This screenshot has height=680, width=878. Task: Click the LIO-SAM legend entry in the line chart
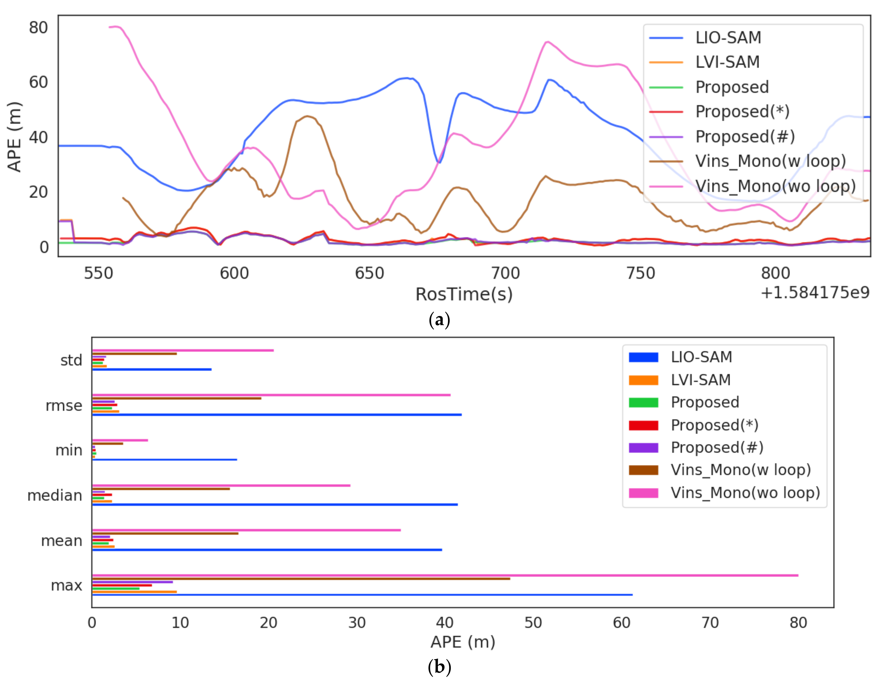(x=728, y=38)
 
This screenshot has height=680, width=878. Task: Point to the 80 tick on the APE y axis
(x=38, y=28)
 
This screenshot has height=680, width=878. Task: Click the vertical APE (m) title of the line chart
(x=15, y=137)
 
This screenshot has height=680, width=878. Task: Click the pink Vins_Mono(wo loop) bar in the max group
(x=442, y=575)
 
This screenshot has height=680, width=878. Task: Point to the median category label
(x=55, y=495)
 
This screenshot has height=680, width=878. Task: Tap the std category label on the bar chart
(x=71, y=360)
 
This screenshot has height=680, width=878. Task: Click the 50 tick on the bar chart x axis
(x=533, y=623)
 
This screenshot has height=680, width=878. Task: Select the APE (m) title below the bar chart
(x=463, y=642)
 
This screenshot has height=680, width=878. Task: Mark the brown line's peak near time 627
(x=307, y=116)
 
